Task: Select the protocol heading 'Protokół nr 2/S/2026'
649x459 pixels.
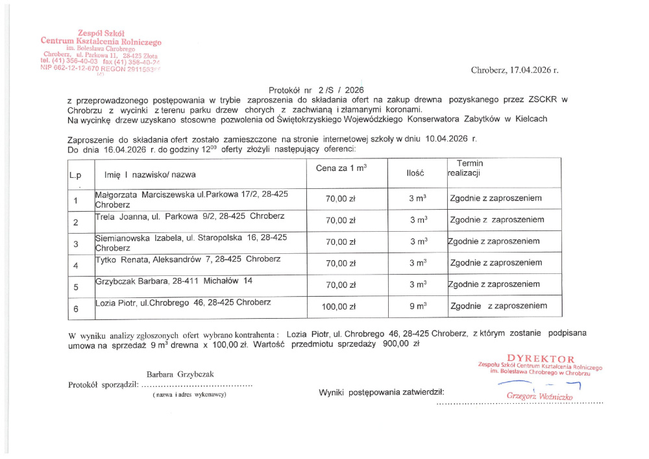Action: [x=316, y=90]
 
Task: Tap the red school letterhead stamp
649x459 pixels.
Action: [x=100, y=53]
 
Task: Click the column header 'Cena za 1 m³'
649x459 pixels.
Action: [x=341, y=168]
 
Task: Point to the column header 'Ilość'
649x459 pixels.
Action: [x=415, y=173]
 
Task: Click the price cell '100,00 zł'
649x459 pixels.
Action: [x=340, y=306]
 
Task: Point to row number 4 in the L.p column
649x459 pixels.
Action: [x=76, y=265]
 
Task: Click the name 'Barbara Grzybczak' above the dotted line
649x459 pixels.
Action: [x=180, y=375]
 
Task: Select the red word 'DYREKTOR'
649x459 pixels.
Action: [x=541, y=358]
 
